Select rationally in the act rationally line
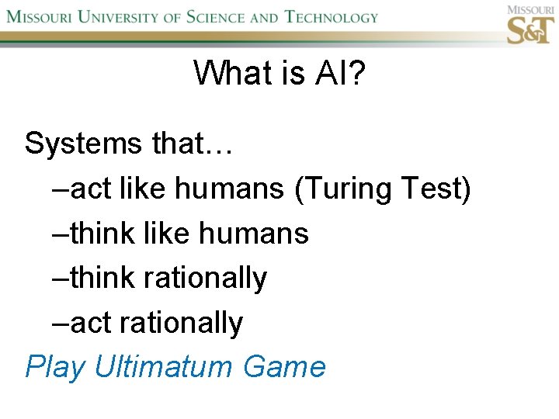(x=182, y=323)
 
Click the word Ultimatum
(x=164, y=366)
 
